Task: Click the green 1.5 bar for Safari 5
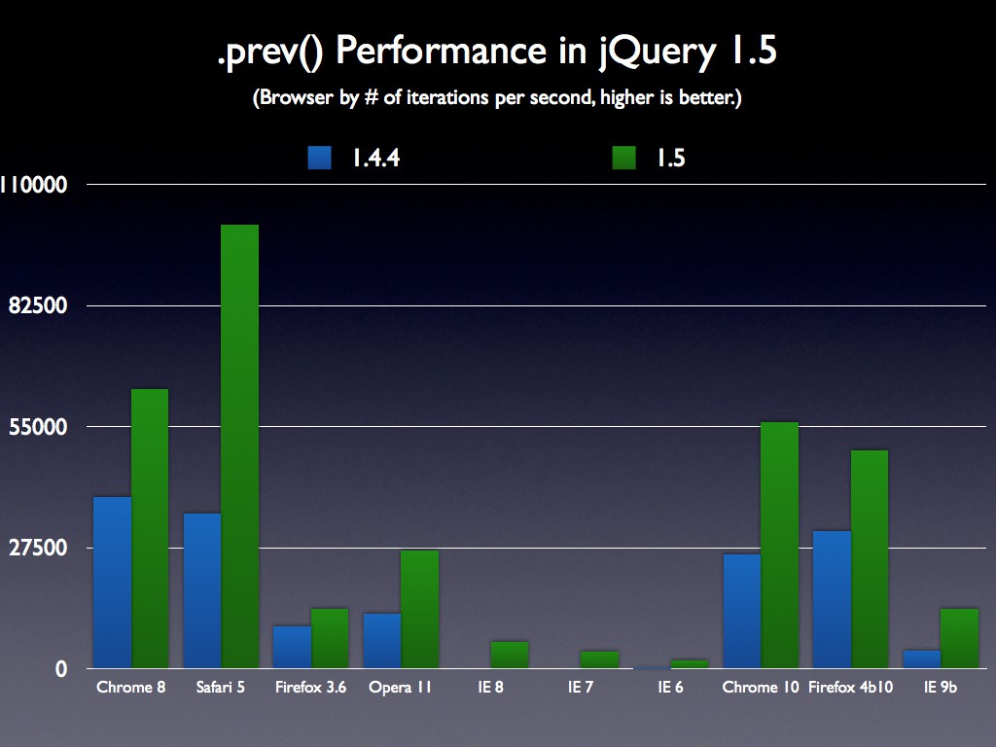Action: coord(239,447)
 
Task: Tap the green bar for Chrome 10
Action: coord(779,545)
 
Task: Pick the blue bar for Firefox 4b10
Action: coord(832,599)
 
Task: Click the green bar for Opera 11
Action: coord(419,609)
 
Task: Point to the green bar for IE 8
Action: coord(510,655)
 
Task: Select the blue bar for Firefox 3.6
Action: coord(292,647)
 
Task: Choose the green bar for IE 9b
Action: coord(959,638)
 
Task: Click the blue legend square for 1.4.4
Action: coord(320,158)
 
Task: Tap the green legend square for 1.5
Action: coord(624,158)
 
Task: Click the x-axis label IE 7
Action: coord(581,688)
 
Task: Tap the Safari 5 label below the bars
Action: coord(221,688)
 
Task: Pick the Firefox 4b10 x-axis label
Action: coord(851,688)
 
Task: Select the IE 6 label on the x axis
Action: coord(670,688)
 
